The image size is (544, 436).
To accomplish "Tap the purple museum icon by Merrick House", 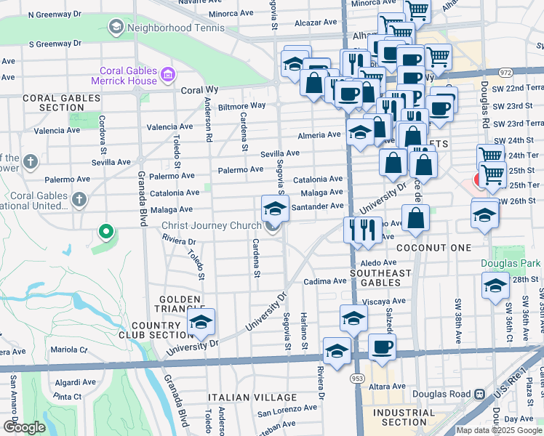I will pyautogui.click(x=169, y=74).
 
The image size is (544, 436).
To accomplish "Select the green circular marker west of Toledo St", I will pyautogui.click(x=105, y=233).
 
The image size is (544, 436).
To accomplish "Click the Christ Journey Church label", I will pyautogui.click(x=207, y=225).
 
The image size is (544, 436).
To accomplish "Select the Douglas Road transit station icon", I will pyautogui.click(x=479, y=394).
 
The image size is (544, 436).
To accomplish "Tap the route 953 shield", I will pyautogui.click(x=357, y=378).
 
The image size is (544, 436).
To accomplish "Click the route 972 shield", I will pyautogui.click(x=505, y=73).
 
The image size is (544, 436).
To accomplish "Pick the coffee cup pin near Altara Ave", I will pyautogui.click(x=382, y=347).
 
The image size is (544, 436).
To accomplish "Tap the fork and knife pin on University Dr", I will pyautogui.click(x=361, y=230).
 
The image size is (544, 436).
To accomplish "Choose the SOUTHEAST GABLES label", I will pyautogui.click(x=376, y=272).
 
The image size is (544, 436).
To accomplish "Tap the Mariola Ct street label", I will pyautogui.click(x=69, y=350).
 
